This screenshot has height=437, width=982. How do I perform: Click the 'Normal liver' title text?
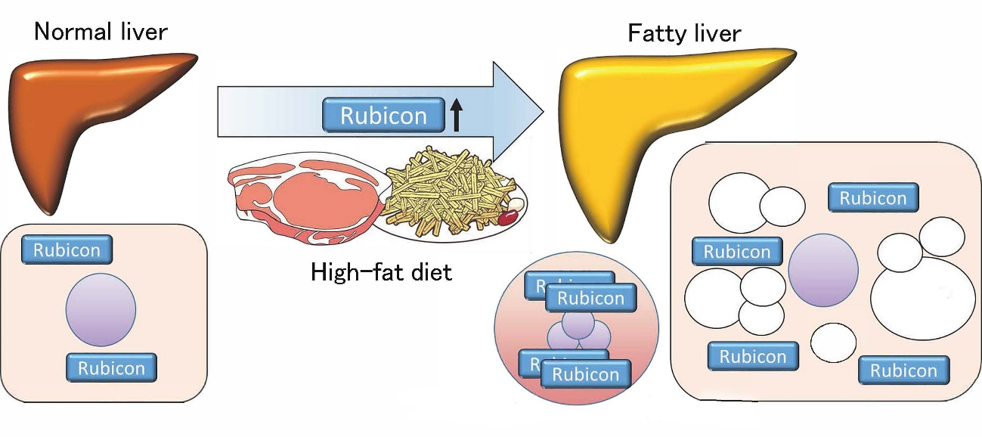(x=101, y=32)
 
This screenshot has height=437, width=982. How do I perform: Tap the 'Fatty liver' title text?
(x=684, y=33)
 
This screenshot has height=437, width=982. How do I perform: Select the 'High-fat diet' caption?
(x=381, y=271)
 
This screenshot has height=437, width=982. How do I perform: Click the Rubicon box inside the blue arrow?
(x=383, y=116)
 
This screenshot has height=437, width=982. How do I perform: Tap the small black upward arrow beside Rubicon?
(x=455, y=116)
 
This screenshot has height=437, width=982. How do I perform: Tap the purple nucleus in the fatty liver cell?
(x=822, y=269)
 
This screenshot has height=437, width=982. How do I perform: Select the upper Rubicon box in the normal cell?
(x=67, y=250)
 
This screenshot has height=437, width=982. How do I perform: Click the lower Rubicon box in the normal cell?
(x=111, y=368)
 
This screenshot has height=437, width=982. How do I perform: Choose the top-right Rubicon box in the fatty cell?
(x=873, y=198)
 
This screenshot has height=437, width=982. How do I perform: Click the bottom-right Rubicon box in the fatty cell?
(x=903, y=370)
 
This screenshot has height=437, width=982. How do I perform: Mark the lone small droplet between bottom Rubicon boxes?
(x=833, y=342)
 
